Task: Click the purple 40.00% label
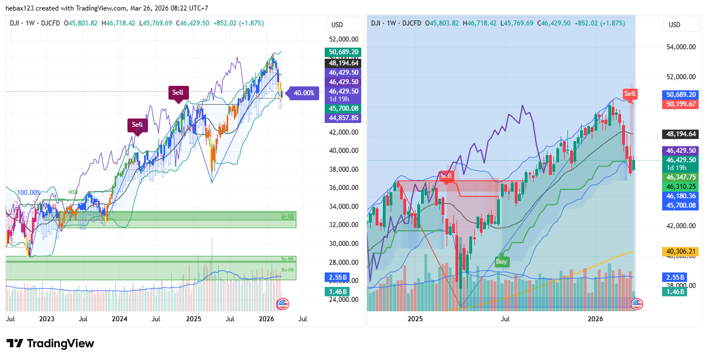click(304, 93)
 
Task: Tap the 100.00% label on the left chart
click(28, 193)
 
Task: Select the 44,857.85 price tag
click(344, 118)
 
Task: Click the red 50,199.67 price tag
click(681, 104)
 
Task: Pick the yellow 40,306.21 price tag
click(681, 251)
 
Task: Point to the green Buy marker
click(501, 261)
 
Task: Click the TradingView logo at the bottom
click(50, 343)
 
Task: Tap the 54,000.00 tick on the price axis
click(680, 47)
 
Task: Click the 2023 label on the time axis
click(47, 319)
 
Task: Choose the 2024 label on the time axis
click(120, 319)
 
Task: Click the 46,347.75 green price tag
click(681, 177)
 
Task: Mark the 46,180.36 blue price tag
click(681, 196)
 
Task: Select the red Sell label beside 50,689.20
click(630, 94)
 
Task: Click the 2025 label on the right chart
click(415, 319)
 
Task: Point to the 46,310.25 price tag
click(681, 187)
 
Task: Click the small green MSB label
click(73, 193)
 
